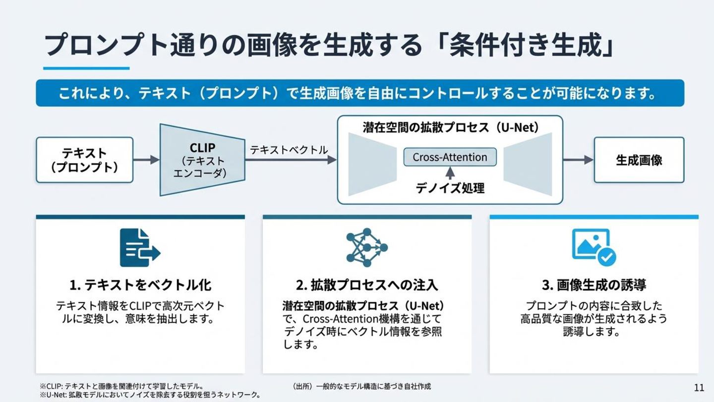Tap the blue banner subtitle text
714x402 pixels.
(x=359, y=93)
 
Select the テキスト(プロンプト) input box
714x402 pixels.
(x=84, y=160)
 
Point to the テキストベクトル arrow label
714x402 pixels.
(x=289, y=150)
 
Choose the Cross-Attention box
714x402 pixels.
(x=450, y=157)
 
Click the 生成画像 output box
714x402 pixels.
(x=639, y=160)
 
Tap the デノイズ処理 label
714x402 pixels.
(x=450, y=188)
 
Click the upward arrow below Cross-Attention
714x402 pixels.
(x=450, y=172)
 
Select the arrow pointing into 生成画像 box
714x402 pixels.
(x=578, y=160)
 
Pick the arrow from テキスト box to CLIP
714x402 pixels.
(x=146, y=160)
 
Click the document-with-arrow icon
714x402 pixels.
(x=140, y=248)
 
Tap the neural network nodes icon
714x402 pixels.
(x=366, y=247)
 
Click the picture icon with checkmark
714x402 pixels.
(x=594, y=247)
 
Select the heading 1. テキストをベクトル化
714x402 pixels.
(x=140, y=285)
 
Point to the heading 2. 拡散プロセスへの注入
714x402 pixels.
(x=367, y=285)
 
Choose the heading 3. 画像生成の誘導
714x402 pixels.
(x=594, y=285)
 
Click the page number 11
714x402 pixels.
(x=699, y=387)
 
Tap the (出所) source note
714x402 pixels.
(x=361, y=386)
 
